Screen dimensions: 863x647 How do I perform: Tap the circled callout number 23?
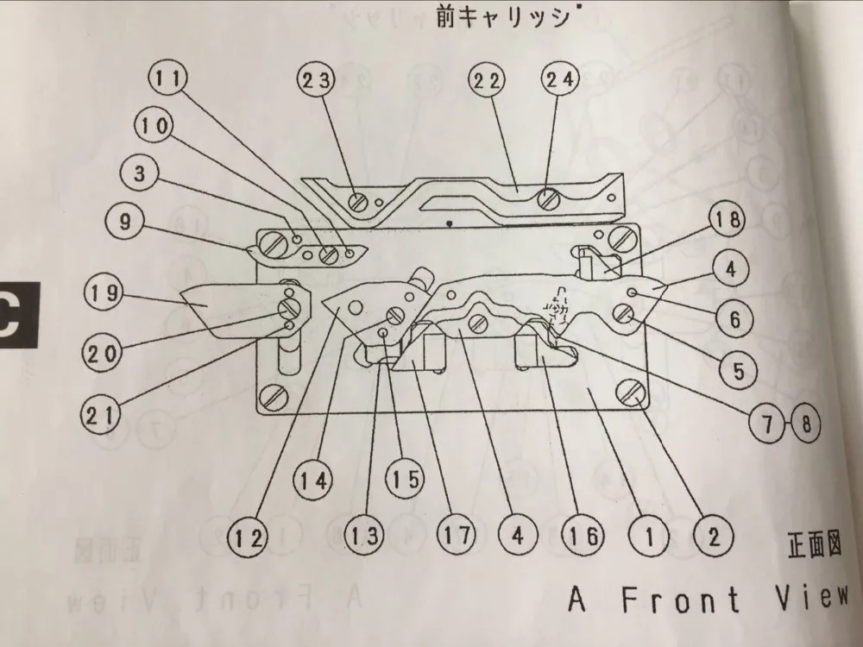click(x=315, y=80)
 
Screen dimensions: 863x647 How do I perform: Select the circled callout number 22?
click(x=486, y=80)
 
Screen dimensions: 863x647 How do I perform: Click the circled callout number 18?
click(x=727, y=223)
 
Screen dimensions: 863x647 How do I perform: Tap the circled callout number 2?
click(x=713, y=537)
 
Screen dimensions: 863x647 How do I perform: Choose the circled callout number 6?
click(x=734, y=319)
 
